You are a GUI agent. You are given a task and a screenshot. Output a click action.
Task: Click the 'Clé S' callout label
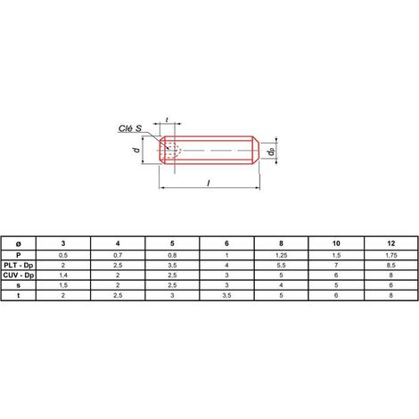tap(130, 128)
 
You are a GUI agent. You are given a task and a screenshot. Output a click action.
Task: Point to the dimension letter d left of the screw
tap(136, 150)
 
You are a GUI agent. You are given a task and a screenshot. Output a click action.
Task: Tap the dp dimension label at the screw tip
tap(271, 152)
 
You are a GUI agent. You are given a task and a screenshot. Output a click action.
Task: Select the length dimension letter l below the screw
tap(209, 184)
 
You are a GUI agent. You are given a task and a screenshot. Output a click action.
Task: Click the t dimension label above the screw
tap(167, 119)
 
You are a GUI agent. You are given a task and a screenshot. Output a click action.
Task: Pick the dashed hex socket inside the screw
tap(171, 150)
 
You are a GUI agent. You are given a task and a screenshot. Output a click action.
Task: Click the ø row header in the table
tap(19, 243)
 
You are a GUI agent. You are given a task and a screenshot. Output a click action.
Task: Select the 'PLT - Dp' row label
tap(19, 265)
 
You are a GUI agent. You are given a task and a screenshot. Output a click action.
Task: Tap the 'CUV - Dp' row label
tap(19, 275)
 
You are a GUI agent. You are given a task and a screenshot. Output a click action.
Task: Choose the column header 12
tap(391, 243)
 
